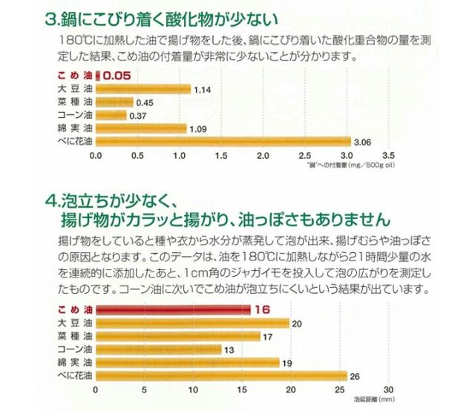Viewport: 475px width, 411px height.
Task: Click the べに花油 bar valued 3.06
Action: click(222, 142)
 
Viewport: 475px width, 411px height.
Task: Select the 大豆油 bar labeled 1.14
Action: click(142, 89)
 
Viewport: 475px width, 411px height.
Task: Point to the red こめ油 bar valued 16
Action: click(171, 309)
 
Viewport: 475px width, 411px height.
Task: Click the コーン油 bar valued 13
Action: click(158, 349)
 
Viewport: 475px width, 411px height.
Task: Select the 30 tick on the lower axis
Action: click(387, 390)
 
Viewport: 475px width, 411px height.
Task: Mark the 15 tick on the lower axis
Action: click(242, 390)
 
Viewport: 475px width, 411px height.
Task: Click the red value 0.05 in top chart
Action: click(117, 76)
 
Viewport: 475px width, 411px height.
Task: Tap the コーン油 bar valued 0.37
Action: click(111, 115)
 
